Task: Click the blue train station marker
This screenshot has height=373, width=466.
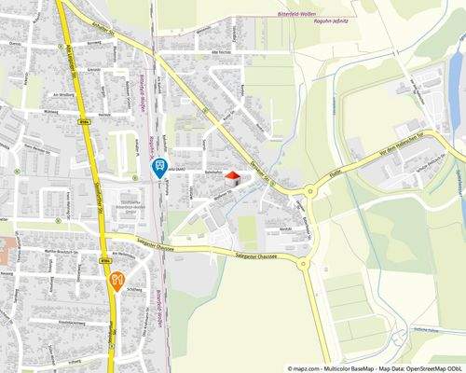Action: (158, 168)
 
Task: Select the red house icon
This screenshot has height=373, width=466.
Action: (231, 176)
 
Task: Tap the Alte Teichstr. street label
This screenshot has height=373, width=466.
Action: (227, 54)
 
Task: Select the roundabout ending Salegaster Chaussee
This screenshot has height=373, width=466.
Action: (303, 264)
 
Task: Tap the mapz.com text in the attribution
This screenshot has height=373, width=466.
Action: (308, 367)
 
